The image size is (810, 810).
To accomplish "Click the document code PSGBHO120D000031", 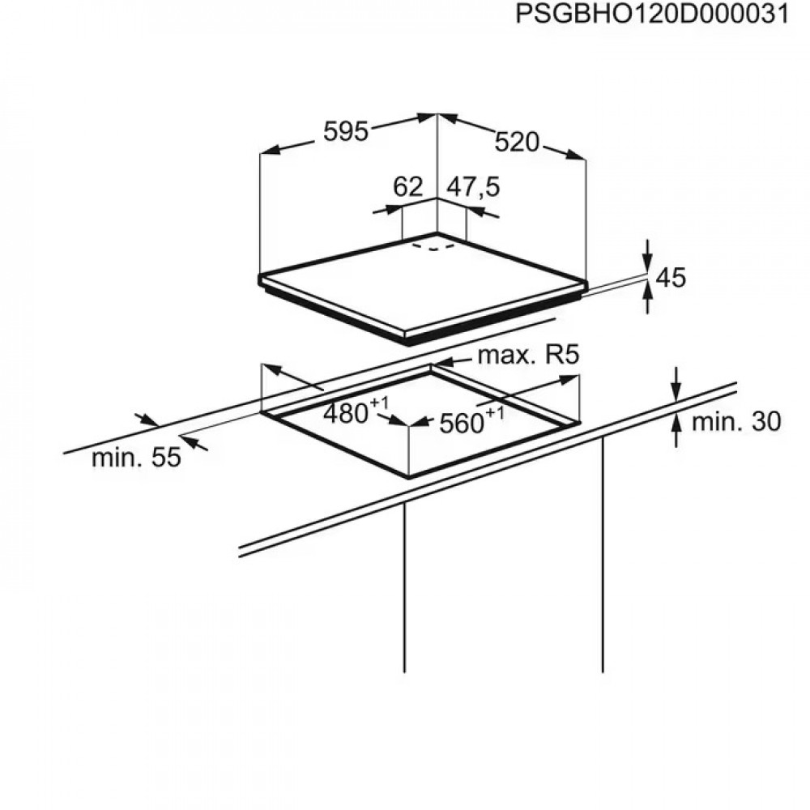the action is pos(652,14).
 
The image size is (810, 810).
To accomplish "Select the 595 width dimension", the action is pos(346,131).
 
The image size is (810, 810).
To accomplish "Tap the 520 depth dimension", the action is pos(517,142).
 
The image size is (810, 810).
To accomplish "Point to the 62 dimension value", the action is pos(408,186).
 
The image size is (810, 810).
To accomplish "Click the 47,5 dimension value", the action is pos(473,187).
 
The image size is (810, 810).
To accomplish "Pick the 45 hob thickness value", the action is pos(671,277).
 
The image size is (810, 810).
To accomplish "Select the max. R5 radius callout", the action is pos(529,355).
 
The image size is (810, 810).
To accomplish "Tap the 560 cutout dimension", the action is pos(461,424).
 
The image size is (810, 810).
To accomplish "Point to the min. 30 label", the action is pos(736,422).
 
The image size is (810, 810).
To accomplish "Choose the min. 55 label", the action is pos(136,458).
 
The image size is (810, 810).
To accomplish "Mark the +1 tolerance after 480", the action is pos(378,403).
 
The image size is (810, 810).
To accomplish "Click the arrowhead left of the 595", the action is pos(271,150).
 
